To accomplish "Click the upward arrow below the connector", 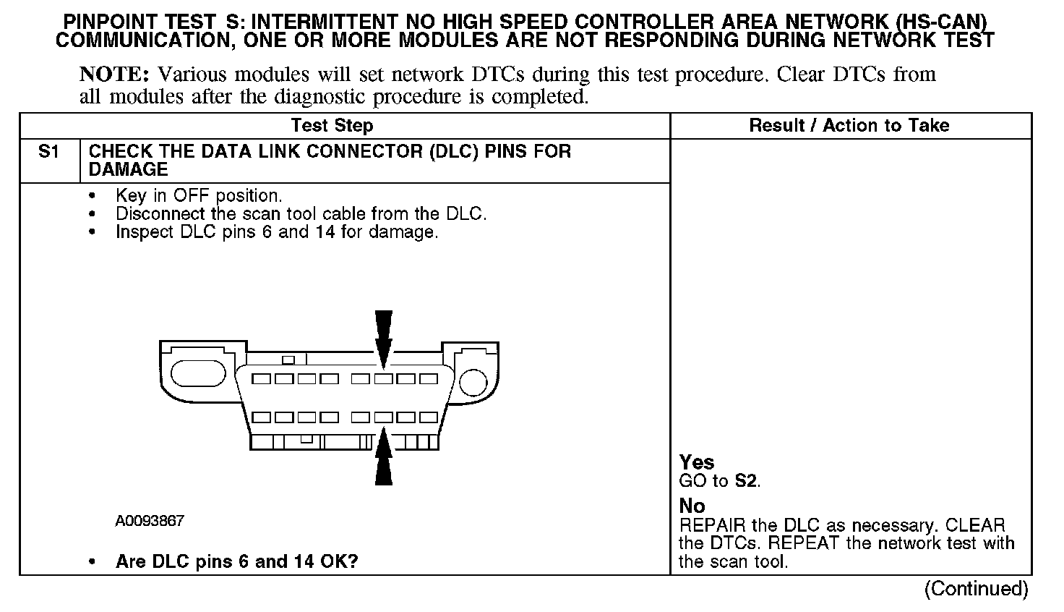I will point(384,457).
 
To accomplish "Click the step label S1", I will point(48,152).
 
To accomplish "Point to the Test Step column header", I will point(332,126).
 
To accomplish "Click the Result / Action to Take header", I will point(849,126).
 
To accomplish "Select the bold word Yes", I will point(697,463).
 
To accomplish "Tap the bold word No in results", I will point(692,506).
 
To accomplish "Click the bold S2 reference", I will point(746,481).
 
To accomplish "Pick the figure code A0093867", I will point(150,521).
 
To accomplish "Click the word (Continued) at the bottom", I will point(976,589).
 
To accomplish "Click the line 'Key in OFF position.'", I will point(199,196).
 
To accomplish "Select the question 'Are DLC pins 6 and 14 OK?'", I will point(236,562).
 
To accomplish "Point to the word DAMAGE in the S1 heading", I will point(128,170).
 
